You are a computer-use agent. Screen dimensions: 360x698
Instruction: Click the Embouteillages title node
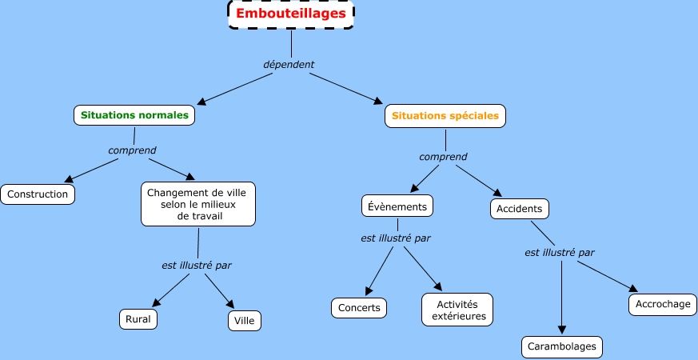point(291,14)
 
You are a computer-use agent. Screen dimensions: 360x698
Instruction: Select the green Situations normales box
point(134,115)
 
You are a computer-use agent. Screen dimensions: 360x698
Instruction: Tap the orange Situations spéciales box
point(445,116)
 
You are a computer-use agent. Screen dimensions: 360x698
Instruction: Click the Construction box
point(38,194)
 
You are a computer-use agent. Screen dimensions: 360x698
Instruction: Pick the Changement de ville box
point(197,204)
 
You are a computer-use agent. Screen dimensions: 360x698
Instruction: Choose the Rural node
point(138,318)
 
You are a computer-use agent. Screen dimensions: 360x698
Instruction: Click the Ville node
point(244,321)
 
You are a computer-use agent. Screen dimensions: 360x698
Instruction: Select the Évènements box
point(397,206)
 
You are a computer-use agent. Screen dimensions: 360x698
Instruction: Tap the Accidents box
point(519,210)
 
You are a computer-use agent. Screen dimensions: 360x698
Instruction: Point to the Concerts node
point(359,308)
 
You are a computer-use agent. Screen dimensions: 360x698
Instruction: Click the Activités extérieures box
point(457,310)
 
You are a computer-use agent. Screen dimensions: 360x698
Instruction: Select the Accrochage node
point(662,305)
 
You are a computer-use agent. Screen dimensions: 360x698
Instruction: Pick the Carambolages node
point(561,347)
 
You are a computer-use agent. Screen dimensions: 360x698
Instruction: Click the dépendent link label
point(289,64)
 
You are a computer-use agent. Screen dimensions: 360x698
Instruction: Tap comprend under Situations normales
point(132,150)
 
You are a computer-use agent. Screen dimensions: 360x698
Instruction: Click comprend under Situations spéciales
point(443,157)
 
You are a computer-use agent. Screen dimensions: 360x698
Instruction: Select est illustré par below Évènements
point(395,238)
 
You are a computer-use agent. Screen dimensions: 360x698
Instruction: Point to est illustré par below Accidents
point(559,252)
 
